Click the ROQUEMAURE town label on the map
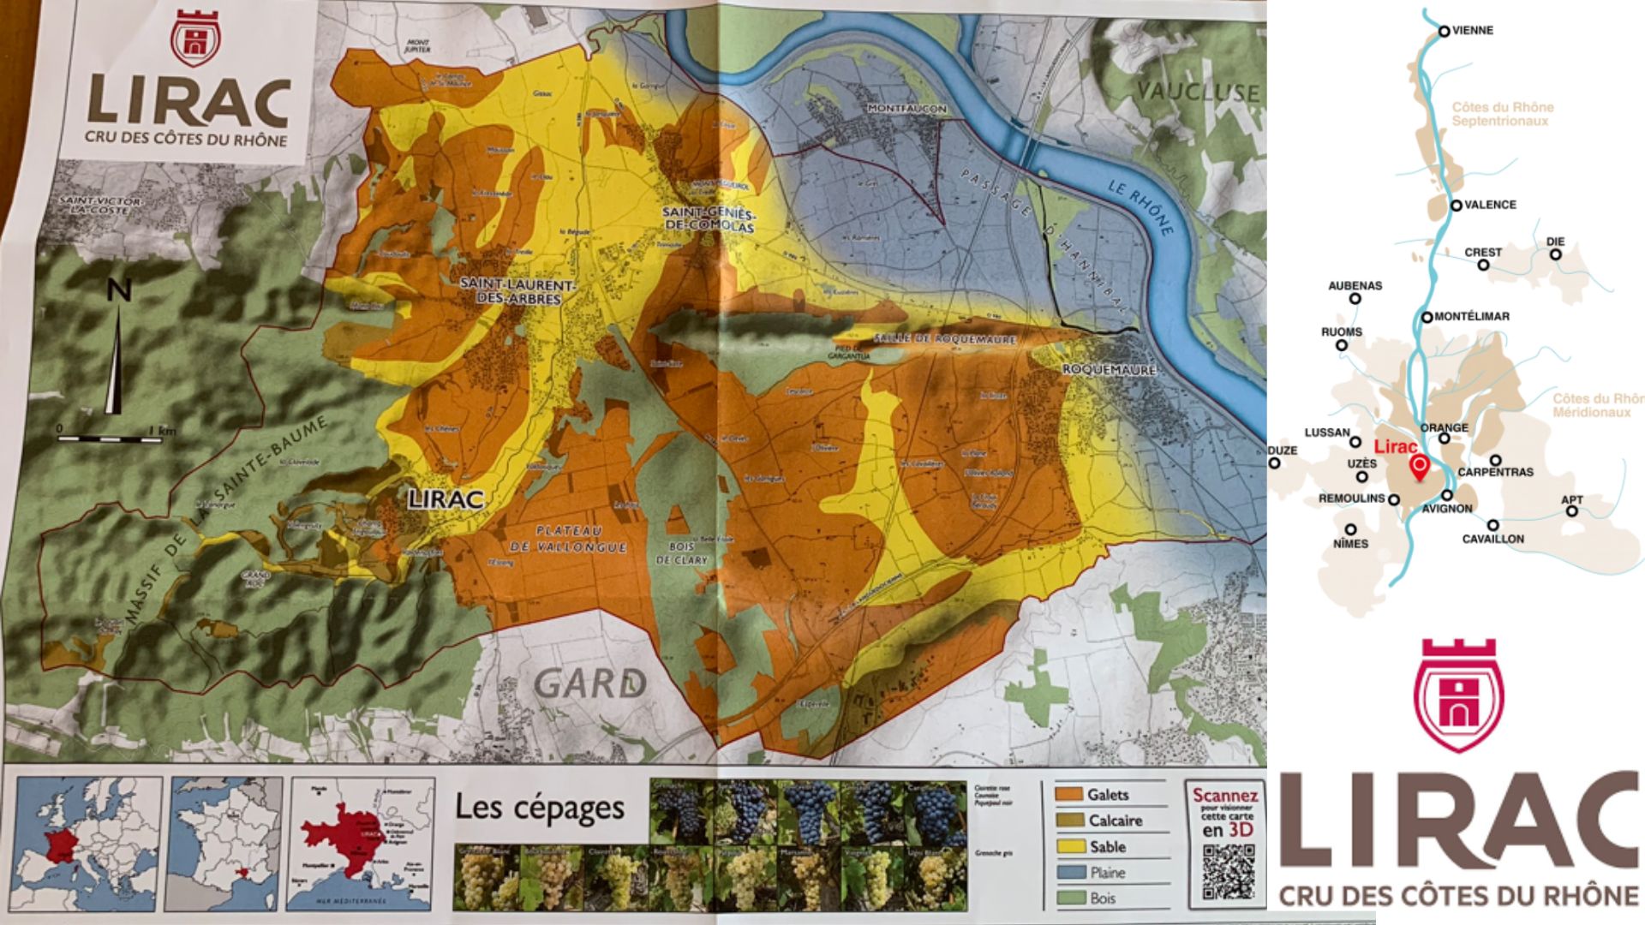[1109, 370]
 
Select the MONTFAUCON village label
[906, 109]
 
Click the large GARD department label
[589, 683]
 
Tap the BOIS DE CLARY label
[682, 553]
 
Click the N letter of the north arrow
[119, 291]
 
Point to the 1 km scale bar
[110, 439]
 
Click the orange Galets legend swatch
[1068, 795]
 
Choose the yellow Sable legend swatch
[1068, 846]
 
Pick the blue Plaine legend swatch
[1068, 873]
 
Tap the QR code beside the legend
[1228, 871]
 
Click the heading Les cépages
[539, 808]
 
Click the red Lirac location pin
[1419, 468]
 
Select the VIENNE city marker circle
[1444, 32]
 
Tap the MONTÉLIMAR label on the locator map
[1471, 316]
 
